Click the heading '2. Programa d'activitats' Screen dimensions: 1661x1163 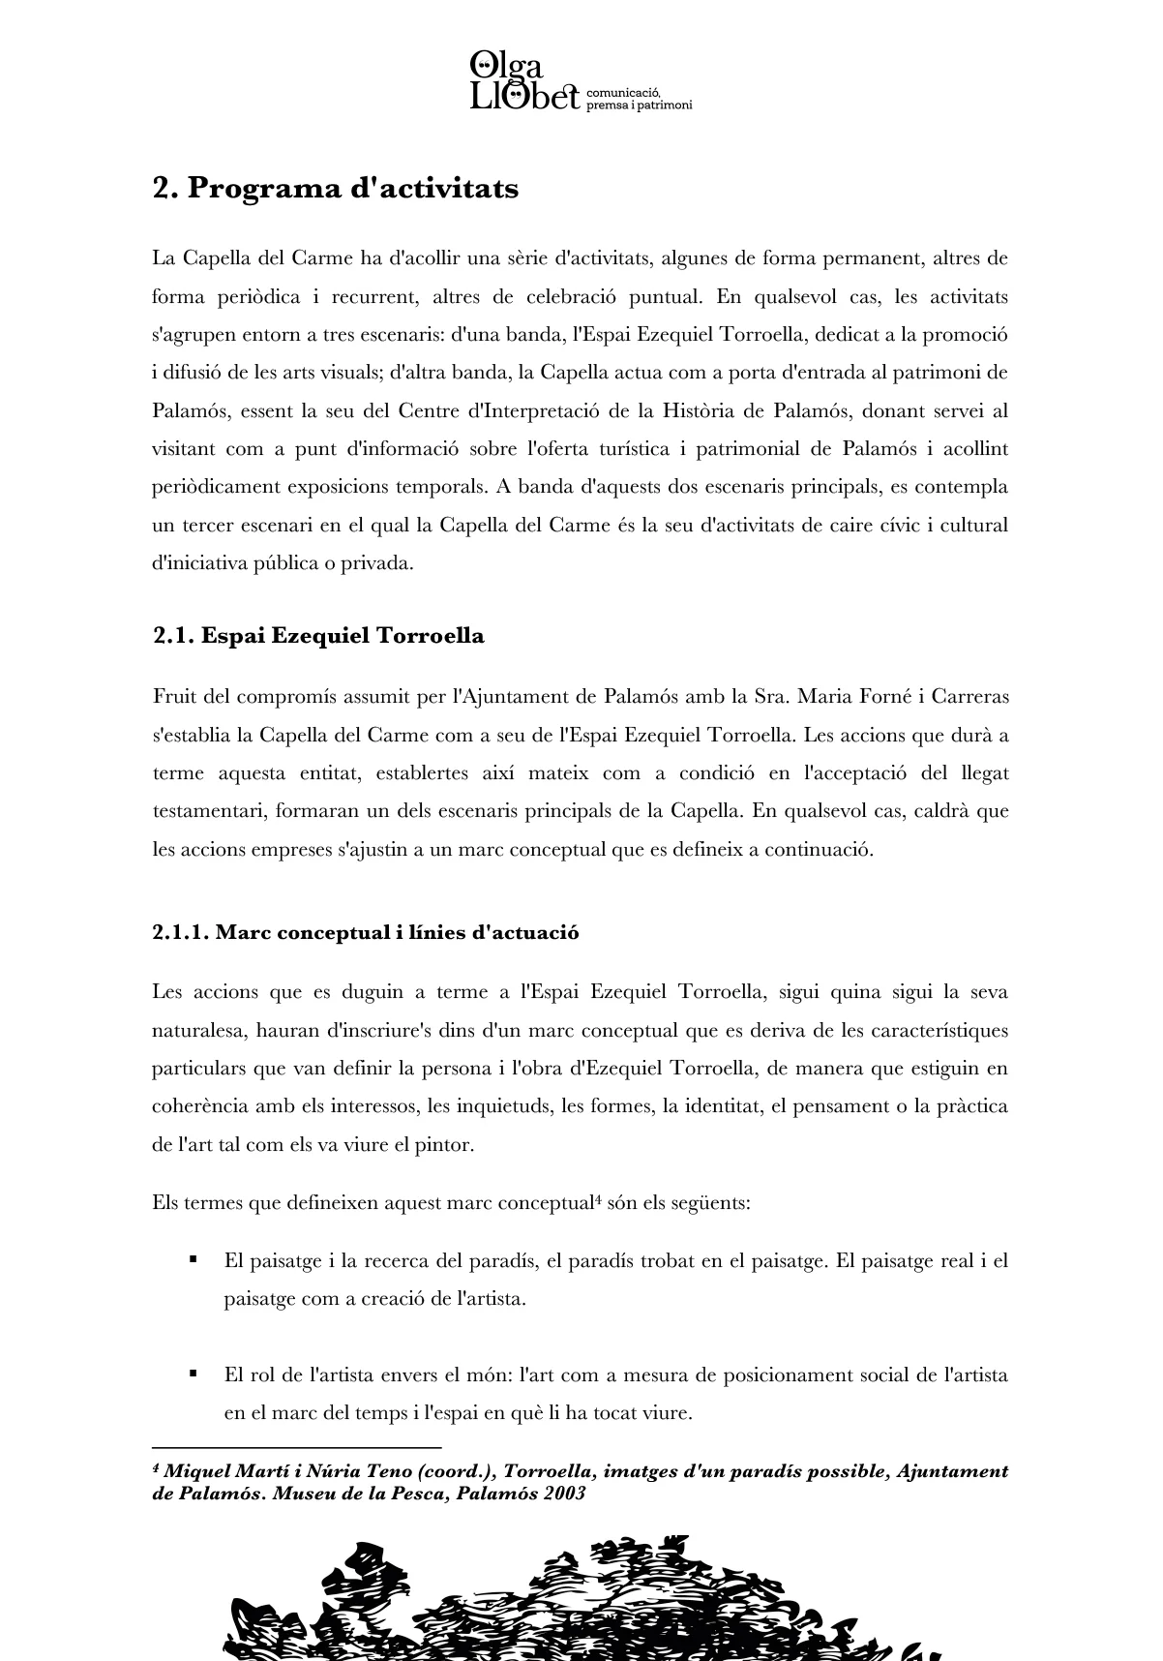point(335,188)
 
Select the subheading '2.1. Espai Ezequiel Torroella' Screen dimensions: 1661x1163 point(318,636)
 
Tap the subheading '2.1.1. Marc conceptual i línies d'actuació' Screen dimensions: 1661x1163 point(365,932)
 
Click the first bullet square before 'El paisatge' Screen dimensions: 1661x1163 point(194,1259)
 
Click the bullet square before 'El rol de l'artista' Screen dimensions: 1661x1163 point(194,1373)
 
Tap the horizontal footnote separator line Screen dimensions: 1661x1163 point(296,1447)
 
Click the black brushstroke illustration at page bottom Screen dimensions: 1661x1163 point(581,1602)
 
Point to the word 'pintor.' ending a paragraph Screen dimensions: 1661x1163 point(445,1144)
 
